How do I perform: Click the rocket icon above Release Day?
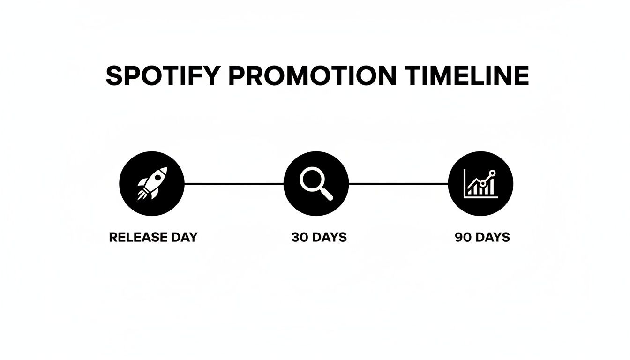pos(152,184)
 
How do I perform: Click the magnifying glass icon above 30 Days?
pos(316,184)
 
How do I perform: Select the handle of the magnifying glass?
pos(327,194)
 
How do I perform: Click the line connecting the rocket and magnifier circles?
pos(234,184)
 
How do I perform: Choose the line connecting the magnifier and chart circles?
pos(398,184)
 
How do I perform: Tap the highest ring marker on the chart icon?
pos(492,173)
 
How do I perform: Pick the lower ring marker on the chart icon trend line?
pos(482,183)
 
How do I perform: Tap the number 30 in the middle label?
pos(299,237)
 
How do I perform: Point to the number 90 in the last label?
pos(463,237)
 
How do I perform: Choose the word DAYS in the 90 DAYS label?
pos(492,237)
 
